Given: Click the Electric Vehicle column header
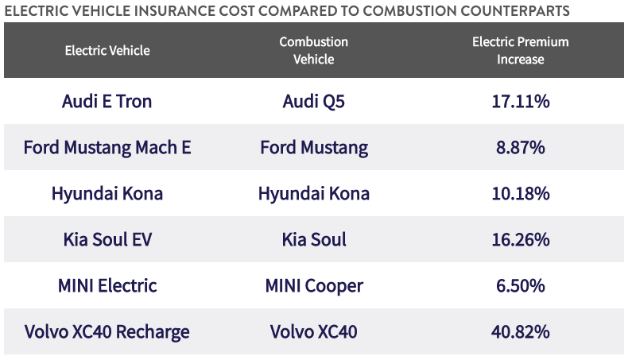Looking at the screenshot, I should (x=107, y=50).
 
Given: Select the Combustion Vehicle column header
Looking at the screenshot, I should (x=314, y=50).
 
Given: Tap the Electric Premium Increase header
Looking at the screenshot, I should (x=521, y=50).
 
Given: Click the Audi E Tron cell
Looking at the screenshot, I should (x=107, y=102).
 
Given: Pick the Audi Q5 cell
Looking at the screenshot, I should (x=314, y=102).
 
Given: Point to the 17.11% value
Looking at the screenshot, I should (x=521, y=102).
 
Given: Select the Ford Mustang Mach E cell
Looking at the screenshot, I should (x=107, y=148).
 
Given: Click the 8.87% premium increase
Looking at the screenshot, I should (x=521, y=148).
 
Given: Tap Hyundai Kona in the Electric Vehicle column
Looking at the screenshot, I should (x=107, y=194).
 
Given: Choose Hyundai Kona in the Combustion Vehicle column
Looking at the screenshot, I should (x=314, y=194).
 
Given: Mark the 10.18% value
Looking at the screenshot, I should (x=521, y=194).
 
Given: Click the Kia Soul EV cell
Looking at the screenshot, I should (x=107, y=239).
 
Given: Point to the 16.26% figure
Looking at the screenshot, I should (x=521, y=239).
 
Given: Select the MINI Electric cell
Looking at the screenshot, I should (x=107, y=285).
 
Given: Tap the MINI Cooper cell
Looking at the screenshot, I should (x=314, y=285).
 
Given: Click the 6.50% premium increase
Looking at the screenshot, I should (x=521, y=285).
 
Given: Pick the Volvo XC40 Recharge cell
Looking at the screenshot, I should (x=107, y=331).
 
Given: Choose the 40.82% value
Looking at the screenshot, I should (x=521, y=331).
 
